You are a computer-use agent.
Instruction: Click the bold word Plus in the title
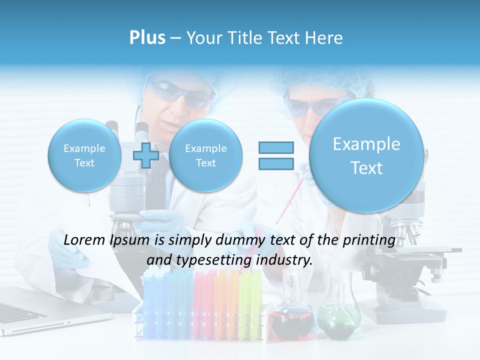[x=147, y=38]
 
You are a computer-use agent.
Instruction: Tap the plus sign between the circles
[x=146, y=155]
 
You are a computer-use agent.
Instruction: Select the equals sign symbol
[x=276, y=155]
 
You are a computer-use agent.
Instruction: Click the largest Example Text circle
[x=366, y=155]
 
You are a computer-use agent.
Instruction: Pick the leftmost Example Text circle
[x=84, y=155]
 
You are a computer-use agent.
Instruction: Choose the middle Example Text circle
[x=205, y=155]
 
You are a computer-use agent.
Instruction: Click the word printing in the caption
[x=369, y=240]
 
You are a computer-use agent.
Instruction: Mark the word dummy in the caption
[x=240, y=240]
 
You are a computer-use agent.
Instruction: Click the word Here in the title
[x=324, y=38]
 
